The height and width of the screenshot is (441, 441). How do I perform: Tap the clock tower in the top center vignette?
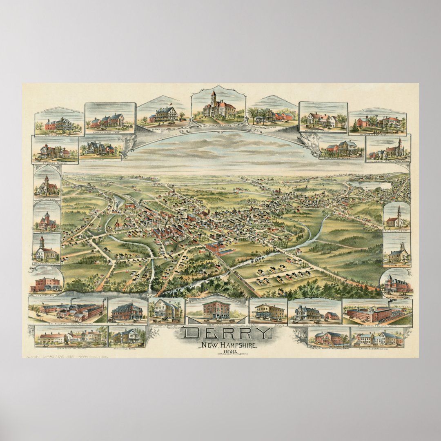(213, 98)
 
